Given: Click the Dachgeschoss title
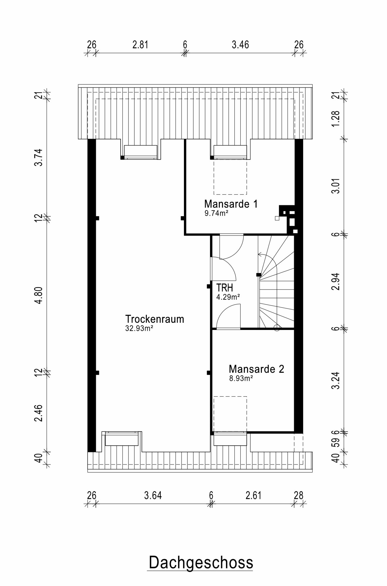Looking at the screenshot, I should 201,562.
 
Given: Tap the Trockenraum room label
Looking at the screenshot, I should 155,319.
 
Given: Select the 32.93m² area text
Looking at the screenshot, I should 139,328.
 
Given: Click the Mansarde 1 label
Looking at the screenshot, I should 231,204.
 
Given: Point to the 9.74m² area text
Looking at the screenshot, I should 216,213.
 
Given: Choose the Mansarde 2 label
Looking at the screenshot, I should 256,369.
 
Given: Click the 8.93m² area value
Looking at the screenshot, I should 241,378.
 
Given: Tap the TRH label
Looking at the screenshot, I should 224,288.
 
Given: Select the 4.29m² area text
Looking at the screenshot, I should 228,297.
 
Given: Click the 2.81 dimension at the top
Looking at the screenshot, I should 140,45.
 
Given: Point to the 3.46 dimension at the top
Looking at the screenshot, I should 240,45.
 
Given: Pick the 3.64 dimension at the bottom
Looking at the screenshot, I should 153,495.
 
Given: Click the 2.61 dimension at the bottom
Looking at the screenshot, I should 253,495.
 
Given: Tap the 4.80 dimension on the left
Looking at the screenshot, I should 38,295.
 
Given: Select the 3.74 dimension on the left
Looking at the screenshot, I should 38,158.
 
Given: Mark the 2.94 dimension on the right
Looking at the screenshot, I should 336,281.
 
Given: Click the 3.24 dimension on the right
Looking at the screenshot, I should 336,380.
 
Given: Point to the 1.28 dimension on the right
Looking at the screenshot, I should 336,119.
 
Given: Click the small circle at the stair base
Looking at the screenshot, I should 277,328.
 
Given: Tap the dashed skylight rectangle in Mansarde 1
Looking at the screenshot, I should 230,177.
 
